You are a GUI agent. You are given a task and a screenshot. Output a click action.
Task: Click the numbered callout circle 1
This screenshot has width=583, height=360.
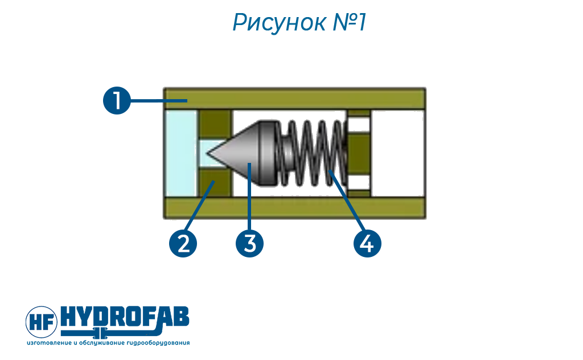(117, 100)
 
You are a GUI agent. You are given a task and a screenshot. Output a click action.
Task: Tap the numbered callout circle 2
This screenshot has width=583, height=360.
(183, 244)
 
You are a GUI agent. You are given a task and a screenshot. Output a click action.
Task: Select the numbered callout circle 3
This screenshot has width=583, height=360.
(250, 244)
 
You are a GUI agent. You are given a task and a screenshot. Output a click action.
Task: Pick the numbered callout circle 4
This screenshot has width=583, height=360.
(367, 244)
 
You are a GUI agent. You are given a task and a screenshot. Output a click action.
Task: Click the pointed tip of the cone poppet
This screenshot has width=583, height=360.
(207, 153)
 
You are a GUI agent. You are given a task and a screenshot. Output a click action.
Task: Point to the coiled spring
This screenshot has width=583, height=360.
(313, 153)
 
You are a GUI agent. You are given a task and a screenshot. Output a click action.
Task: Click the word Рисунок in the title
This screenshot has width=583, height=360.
(279, 22)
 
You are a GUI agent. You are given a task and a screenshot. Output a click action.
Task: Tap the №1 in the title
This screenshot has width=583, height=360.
(349, 22)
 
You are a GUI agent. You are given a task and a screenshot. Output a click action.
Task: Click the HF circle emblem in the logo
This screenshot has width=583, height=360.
(42, 322)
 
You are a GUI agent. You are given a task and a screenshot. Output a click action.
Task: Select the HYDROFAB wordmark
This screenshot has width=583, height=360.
(125, 317)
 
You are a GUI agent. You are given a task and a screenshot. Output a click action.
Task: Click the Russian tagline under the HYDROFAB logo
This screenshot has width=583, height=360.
(108, 342)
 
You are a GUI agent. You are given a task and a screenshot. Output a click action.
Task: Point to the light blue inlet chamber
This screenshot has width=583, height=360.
(180, 153)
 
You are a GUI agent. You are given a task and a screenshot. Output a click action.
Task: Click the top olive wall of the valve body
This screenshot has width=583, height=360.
(294, 99)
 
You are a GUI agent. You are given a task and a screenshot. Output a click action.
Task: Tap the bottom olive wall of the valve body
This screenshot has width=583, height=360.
(294, 208)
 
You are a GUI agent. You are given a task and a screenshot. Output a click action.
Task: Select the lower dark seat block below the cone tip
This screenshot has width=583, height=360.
(215, 182)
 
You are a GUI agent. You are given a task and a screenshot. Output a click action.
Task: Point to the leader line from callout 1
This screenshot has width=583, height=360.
(158, 100)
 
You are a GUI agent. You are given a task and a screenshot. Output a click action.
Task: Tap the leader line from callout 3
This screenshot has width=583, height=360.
(250, 197)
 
